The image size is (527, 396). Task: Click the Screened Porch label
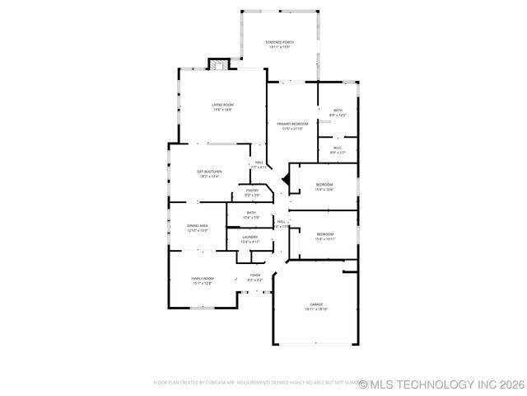tap(280, 42)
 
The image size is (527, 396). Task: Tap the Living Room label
tap(222, 105)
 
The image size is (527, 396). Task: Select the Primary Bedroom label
tap(292, 124)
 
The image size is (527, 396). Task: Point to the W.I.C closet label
tap(338, 148)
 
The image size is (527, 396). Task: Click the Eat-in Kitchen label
tap(209, 171)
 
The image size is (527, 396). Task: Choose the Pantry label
tap(252, 191)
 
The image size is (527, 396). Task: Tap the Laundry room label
tap(250, 237)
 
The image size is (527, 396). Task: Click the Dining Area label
tap(198, 225)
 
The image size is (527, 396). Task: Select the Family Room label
tap(203, 279)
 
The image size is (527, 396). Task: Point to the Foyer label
tap(255, 276)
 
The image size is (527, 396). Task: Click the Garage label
tap(316, 304)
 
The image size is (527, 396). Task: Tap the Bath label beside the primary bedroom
tap(338, 111)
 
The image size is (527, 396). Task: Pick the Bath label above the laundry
tap(251, 213)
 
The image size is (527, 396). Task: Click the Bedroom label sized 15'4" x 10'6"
tap(324, 184)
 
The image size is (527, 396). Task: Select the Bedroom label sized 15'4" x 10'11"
tap(324, 234)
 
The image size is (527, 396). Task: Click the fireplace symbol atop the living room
tap(217, 66)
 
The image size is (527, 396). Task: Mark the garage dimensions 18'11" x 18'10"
tap(316, 309)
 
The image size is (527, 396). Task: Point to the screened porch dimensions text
tap(280, 48)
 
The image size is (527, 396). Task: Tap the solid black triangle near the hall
tap(285, 178)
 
